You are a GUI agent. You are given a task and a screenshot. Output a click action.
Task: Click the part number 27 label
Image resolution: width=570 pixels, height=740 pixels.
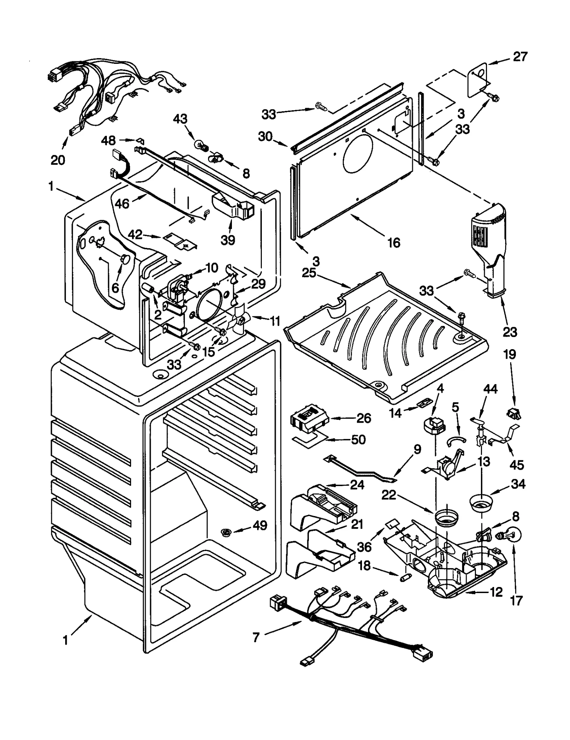click(520, 57)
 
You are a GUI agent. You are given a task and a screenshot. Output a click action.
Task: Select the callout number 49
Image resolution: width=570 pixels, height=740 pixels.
click(260, 525)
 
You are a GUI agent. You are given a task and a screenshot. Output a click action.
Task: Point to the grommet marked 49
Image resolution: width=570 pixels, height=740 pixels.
click(225, 532)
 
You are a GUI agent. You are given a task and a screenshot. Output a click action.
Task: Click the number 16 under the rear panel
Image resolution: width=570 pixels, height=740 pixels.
click(394, 243)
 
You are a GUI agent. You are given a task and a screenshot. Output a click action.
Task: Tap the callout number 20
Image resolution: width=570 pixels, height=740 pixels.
click(58, 160)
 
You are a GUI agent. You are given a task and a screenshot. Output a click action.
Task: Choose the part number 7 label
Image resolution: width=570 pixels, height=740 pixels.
click(256, 637)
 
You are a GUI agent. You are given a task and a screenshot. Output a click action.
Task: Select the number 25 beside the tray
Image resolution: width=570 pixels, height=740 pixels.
click(309, 272)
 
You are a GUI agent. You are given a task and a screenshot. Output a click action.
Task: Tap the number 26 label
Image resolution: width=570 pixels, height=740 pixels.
click(364, 418)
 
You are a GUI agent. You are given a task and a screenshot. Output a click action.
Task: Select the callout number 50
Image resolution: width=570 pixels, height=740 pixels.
click(358, 439)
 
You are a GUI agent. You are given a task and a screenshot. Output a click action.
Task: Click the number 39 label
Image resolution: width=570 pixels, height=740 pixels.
click(228, 240)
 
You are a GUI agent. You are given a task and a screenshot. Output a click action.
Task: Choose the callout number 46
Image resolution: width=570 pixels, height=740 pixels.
click(122, 204)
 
